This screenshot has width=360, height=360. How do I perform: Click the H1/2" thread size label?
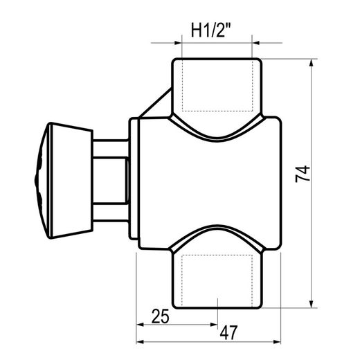[x=208, y=30]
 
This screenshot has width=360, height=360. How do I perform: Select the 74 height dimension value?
[x=303, y=174]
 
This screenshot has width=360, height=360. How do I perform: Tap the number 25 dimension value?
[x=161, y=316]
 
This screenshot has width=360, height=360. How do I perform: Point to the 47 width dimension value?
[x=228, y=332]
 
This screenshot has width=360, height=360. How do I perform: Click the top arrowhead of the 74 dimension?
[x=312, y=63]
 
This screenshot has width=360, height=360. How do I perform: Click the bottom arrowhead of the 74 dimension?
[x=312, y=304]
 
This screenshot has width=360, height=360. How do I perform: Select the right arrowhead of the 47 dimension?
[x=277, y=342]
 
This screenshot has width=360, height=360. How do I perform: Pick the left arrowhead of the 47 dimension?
[x=140, y=342]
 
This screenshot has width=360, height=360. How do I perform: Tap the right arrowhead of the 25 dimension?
[x=214, y=325]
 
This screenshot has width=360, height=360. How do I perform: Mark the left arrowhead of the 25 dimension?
[x=140, y=325]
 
